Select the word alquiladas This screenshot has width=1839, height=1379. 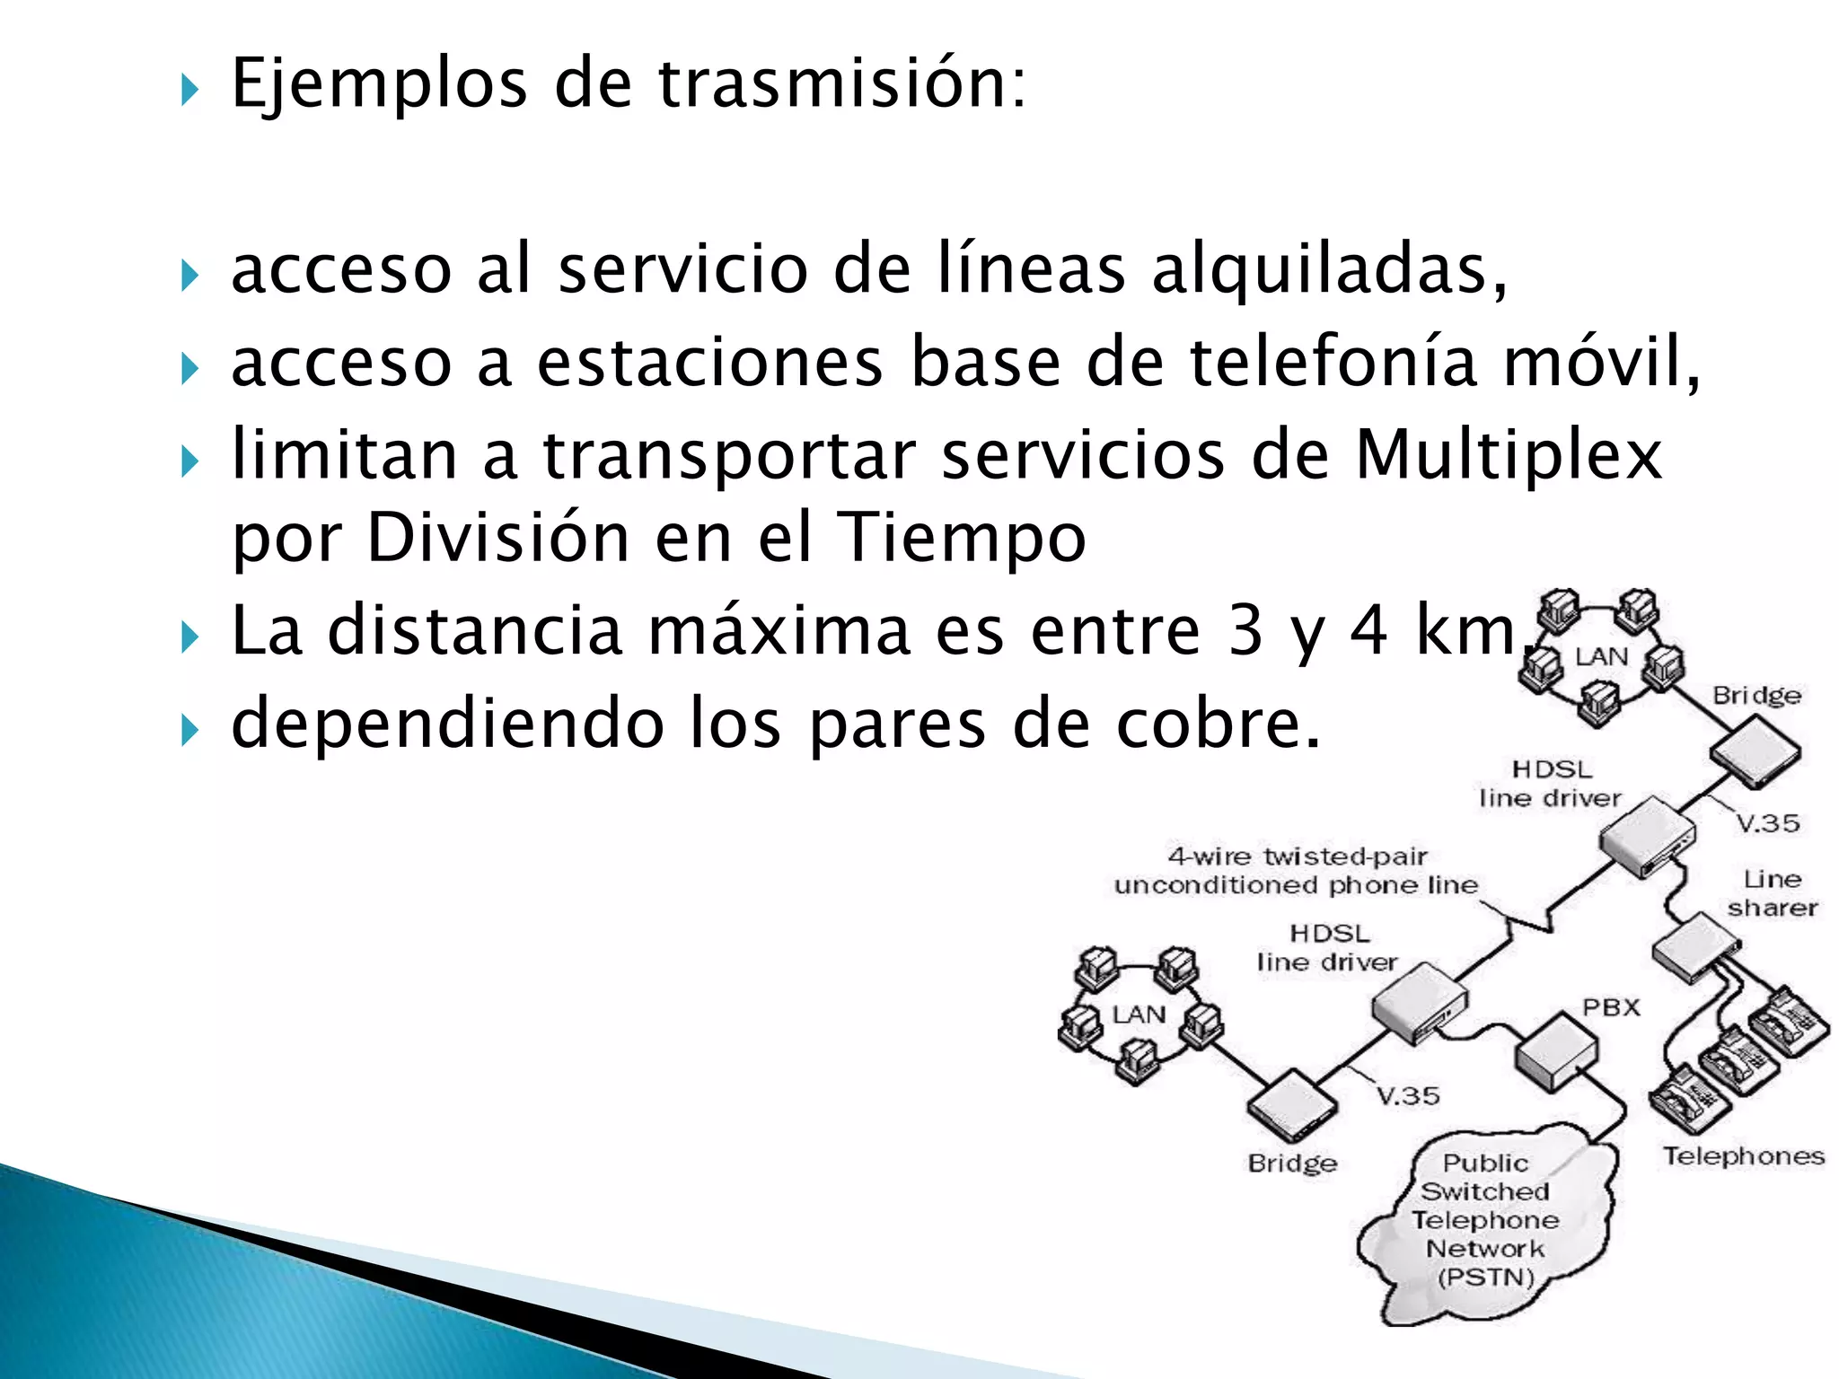tap(1329, 269)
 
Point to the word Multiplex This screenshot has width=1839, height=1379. tap(1509, 455)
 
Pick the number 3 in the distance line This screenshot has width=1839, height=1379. tap(1245, 630)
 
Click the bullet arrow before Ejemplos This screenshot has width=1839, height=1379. tap(189, 90)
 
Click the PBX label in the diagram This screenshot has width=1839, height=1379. tap(1611, 1007)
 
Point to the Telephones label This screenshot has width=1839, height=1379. tap(1743, 1155)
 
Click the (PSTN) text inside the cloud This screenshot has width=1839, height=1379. tap(1485, 1277)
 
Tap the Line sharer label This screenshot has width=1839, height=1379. tap(1772, 893)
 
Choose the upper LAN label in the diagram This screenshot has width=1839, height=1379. tap(1601, 656)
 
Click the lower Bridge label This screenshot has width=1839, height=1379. tap(1292, 1164)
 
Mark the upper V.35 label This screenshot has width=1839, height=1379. tap(1766, 823)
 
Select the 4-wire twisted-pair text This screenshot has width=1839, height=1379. tap(1297, 856)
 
